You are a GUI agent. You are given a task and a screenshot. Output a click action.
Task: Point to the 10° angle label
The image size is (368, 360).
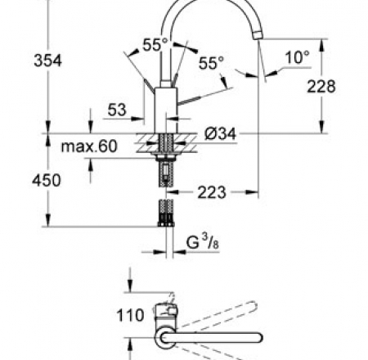tap(297, 57)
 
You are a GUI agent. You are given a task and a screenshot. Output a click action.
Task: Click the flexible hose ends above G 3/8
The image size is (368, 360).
tap(167, 214)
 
